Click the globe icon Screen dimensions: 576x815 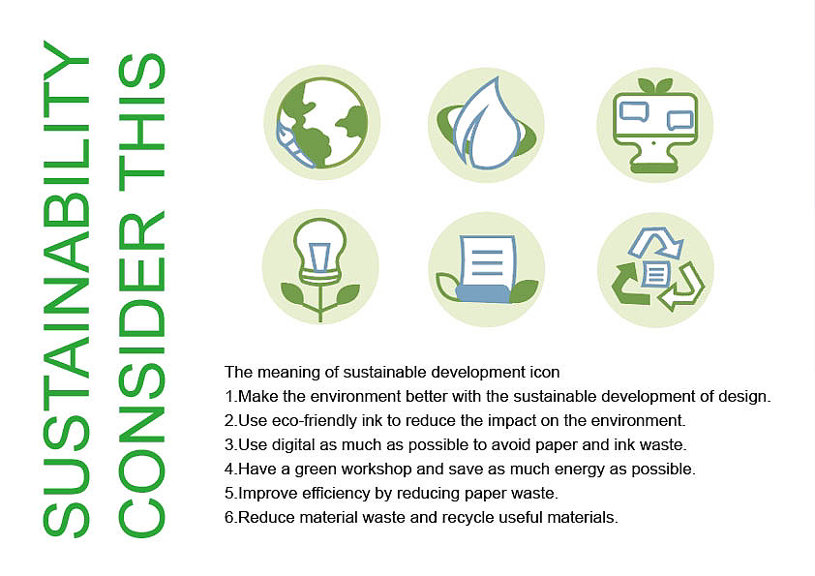322,123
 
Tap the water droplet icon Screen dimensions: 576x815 486,124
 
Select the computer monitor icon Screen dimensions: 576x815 655,126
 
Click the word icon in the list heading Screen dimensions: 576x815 543,372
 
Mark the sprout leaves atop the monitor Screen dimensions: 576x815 655,86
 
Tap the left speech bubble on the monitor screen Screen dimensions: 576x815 634,111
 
